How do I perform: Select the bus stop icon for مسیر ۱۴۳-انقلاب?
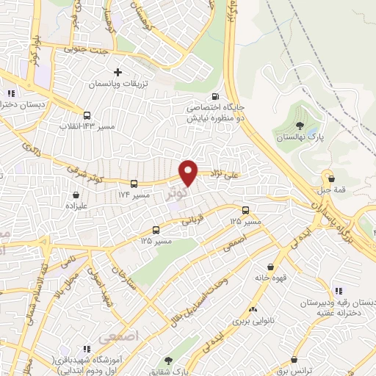coord(87,115)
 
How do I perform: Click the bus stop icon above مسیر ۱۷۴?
coord(134,184)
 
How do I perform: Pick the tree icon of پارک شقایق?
coord(169,360)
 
